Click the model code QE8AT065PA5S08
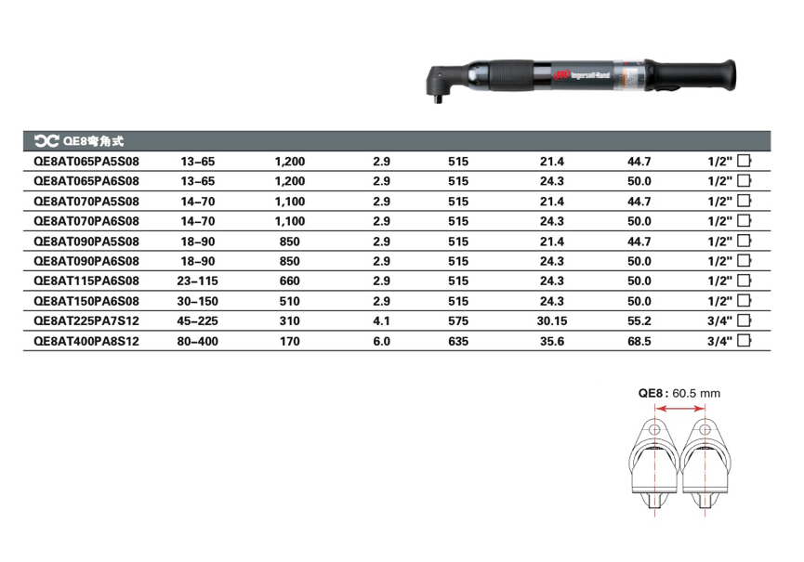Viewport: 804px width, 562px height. tap(86, 162)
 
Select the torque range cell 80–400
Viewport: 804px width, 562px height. tap(197, 341)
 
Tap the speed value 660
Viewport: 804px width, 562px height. tap(290, 281)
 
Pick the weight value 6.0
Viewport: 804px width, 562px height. tap(381, 341)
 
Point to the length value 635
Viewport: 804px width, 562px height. tap(458, 341)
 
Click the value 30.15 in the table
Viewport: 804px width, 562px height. tap(552, 321)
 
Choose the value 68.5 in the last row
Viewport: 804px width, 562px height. tap(639, 341)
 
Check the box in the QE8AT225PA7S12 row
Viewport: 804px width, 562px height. tap(744, 320)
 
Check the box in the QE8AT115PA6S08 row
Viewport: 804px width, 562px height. tap(744, 281)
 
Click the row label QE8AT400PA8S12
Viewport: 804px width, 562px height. tap(86, 341)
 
